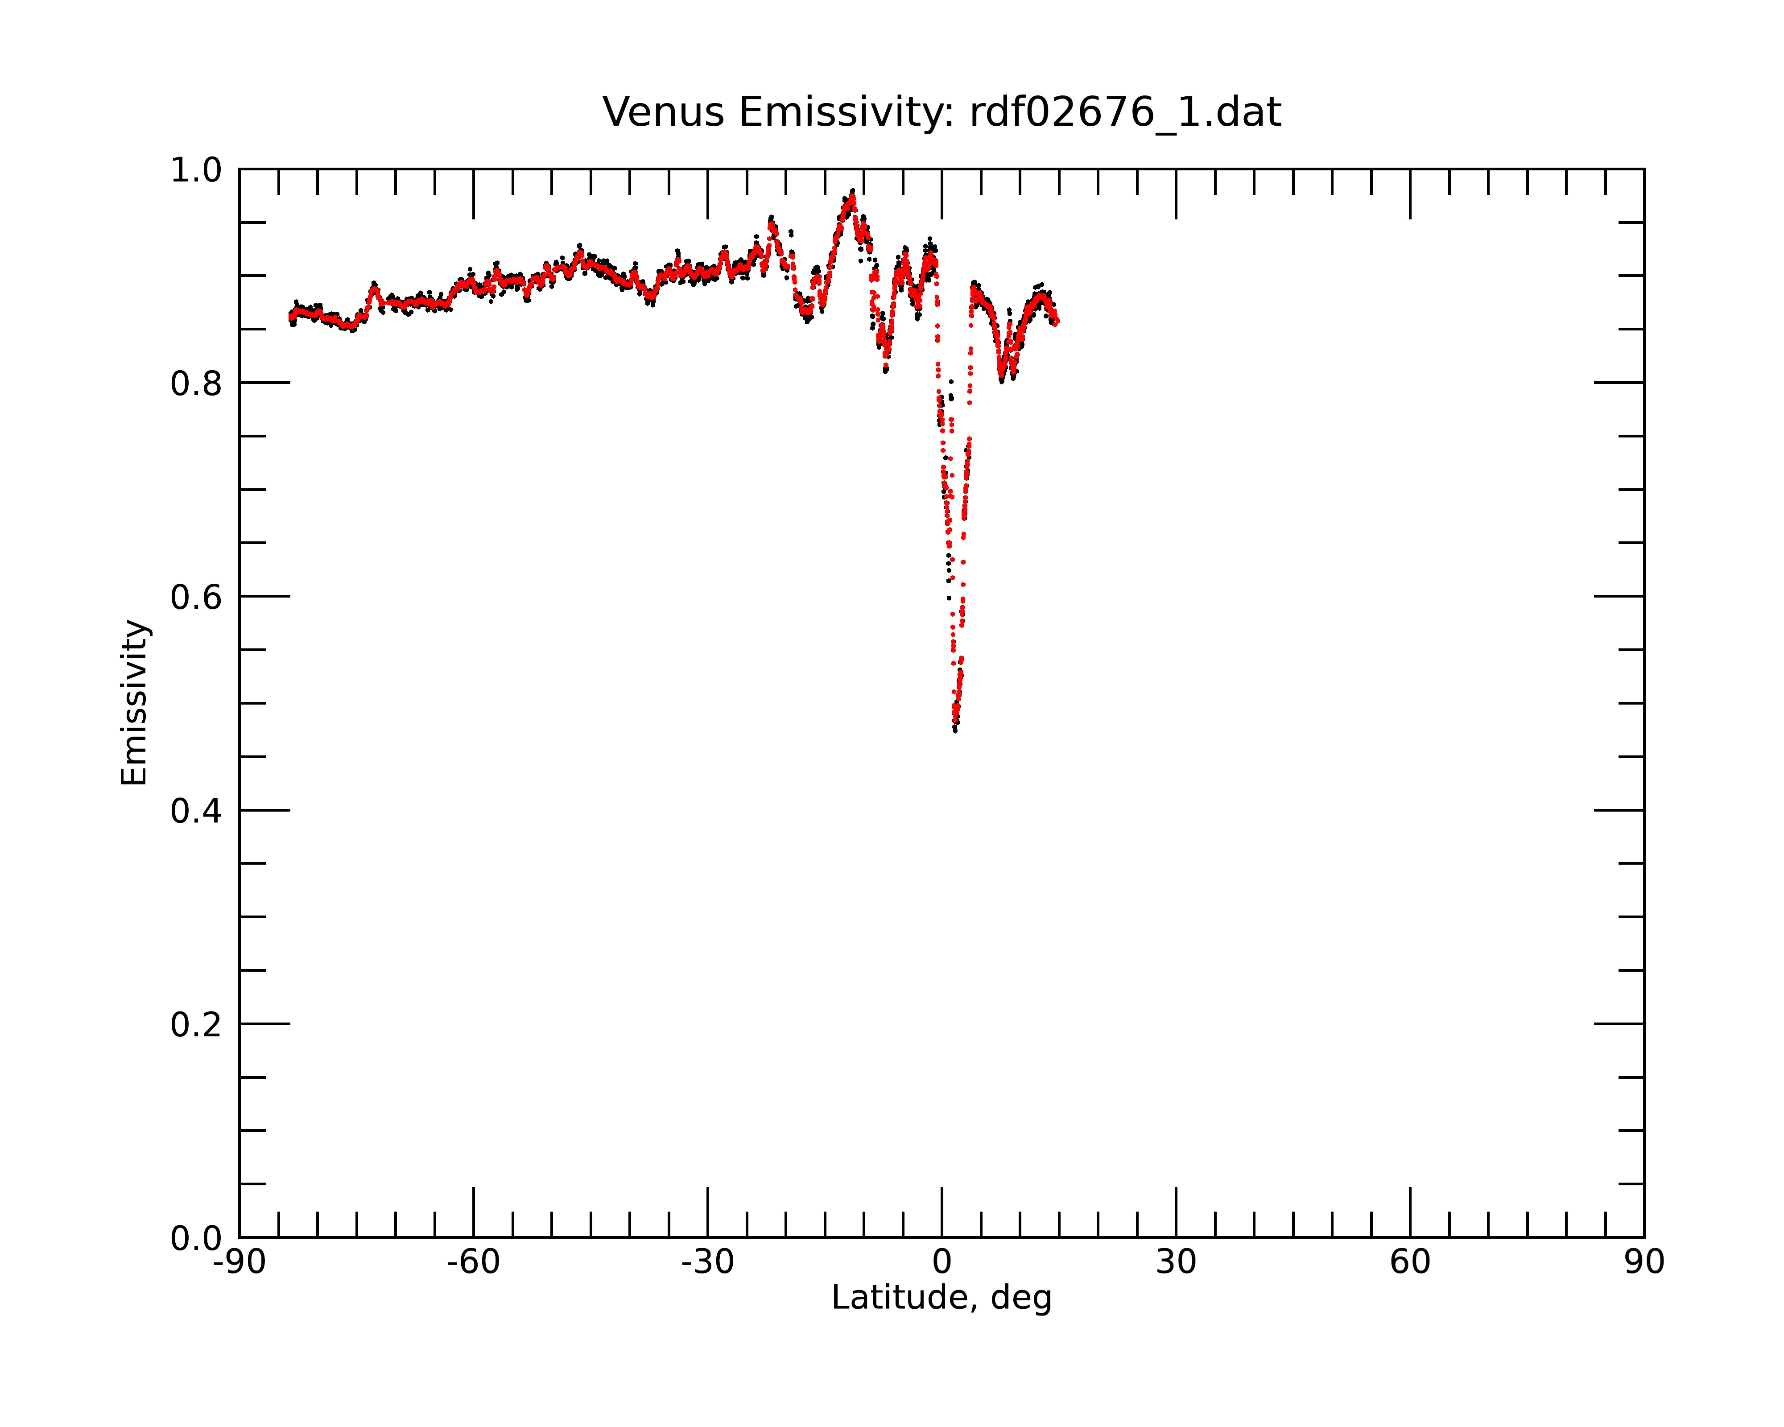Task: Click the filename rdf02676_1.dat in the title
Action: tap(1125, 112)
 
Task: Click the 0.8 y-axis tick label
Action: tap(196, 384)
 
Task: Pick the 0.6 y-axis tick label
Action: tap(196, 597)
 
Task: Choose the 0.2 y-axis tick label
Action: tap(196, 1025)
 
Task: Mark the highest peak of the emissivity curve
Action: tap(852, 191)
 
